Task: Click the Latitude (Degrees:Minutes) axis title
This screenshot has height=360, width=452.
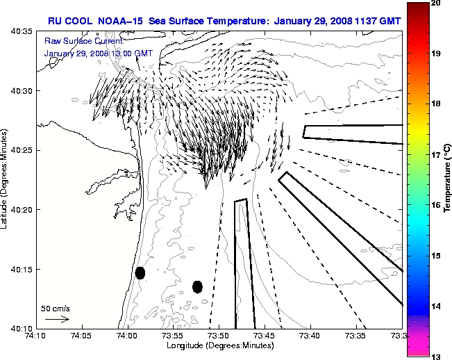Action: tap(6, 179)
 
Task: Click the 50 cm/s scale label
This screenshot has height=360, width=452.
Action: tap(56, 308)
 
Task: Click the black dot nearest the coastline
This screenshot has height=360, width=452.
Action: tap(140, 272)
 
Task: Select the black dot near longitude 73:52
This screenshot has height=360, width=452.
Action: tap(197, 286)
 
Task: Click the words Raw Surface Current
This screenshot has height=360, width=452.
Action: tap(74, 42)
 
